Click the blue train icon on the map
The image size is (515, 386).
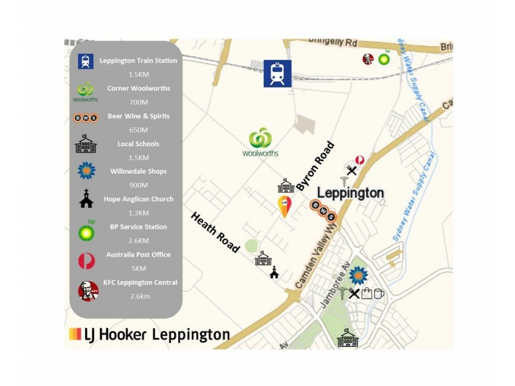point(277,73)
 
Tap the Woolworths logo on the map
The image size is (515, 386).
point(259,143)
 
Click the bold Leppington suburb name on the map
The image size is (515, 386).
point(351,192)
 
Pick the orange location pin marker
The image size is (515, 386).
point(283,207)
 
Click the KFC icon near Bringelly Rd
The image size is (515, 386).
point(368,59)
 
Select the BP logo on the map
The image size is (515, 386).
point(384,59)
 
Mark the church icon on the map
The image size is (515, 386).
point(274,272)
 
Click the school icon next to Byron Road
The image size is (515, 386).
point(286,186)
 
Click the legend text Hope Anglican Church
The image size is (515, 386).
point(138,199)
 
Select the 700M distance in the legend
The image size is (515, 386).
point(139,102)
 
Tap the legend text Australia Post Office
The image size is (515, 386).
point(138,255)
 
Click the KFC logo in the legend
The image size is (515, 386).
point(88,290)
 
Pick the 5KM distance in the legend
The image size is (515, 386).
point(139,268)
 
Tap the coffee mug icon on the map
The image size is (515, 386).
point(379,293)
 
